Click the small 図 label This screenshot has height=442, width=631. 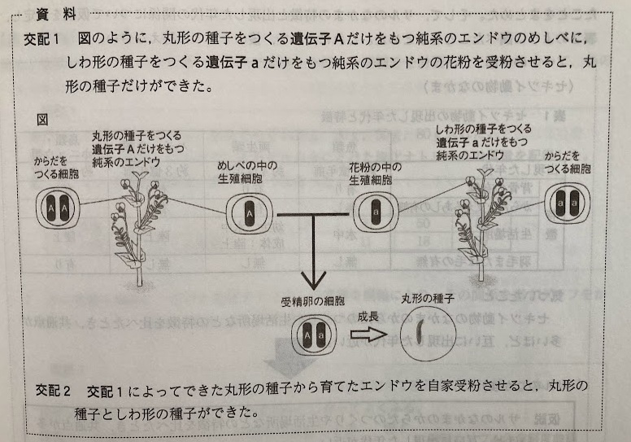(44, 119)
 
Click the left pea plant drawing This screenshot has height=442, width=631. (133, 220)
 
